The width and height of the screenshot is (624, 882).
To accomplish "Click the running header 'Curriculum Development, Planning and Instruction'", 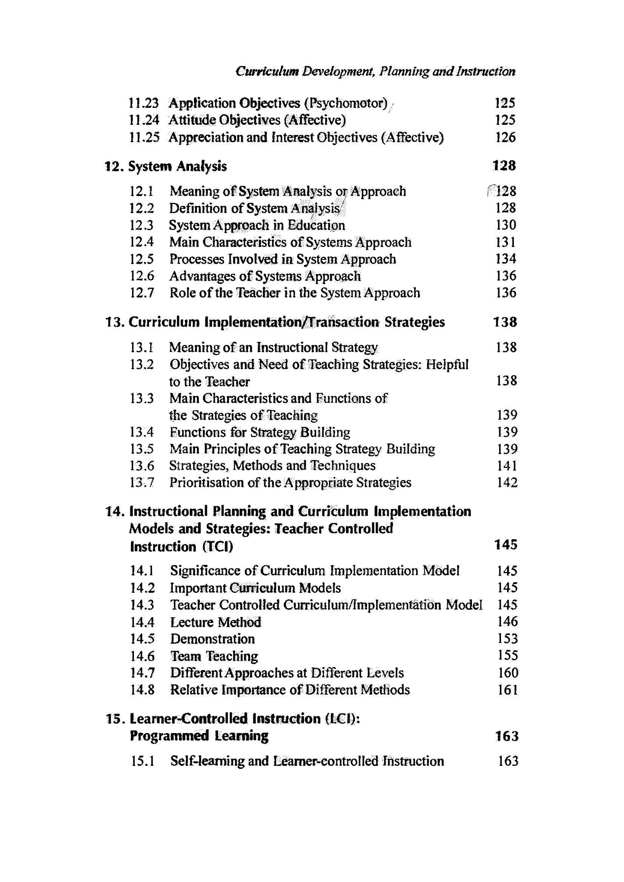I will pos(375,71).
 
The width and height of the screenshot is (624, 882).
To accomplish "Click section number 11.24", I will pos(144,120).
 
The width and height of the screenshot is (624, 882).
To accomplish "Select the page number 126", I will pos(505,137).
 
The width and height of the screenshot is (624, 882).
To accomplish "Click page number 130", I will pos(505,225).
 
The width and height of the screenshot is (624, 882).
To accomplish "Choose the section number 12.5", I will pos(142,259).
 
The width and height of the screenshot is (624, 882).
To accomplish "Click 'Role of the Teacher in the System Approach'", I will pos(295,293).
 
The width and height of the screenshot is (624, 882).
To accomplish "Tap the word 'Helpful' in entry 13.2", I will pos(447,364).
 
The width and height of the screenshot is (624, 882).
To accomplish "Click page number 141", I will pos(507,465).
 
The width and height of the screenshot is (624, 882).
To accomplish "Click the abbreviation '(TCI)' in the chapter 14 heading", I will pos(218,547).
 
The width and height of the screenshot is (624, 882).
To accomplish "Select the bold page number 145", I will pos(505,545).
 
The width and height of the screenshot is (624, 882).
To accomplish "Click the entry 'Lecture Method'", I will pos(215,622).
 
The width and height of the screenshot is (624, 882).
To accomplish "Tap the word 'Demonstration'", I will pos(212,639).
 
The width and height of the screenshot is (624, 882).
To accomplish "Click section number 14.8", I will pos(142,689).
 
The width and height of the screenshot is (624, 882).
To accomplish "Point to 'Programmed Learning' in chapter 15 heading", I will pos(199,736).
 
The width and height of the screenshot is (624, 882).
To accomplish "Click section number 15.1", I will pos(142,761).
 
